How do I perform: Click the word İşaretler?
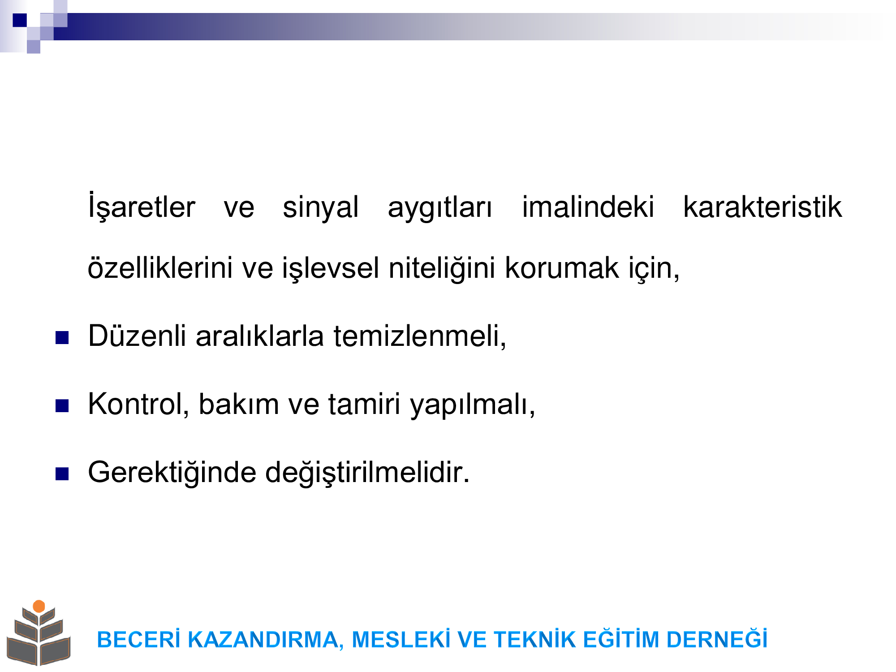[x=142, y=206]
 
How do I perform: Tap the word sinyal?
[x=321, y=207]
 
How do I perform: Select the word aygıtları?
[x=440, y=208]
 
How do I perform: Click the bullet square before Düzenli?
[x=62, y=337]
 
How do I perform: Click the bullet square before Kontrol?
[x=62, y=405]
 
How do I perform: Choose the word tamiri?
[x=364, y=404]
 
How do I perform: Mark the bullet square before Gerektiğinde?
[x=62, y=474]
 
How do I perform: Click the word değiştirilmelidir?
[x=367, y=473]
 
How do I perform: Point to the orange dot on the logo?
[x=39, y=606]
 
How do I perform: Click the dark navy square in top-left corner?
[x=20, y=20]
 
